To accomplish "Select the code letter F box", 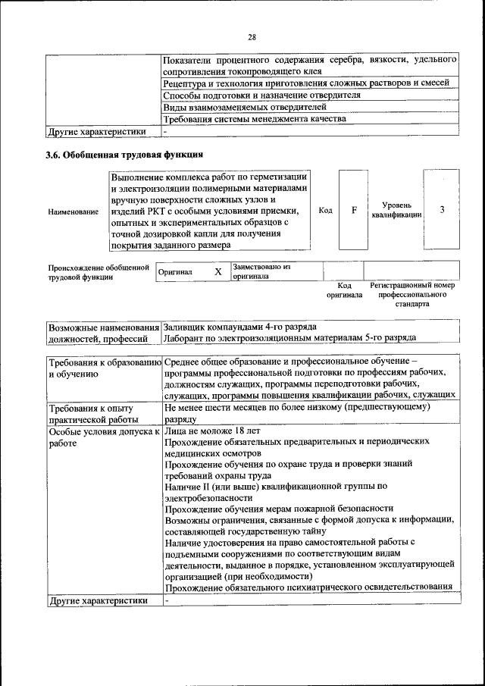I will [354, 210].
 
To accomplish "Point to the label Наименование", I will [73, 211].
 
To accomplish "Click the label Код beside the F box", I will [325, 210].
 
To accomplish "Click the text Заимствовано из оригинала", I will [261, 271].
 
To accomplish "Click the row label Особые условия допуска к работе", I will [103, 437].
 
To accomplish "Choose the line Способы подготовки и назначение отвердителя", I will [261, 95].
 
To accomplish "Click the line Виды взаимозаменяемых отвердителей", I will [240, 107].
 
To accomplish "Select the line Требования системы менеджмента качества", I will [255, 119].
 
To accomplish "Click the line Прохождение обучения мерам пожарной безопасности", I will [279, 508].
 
